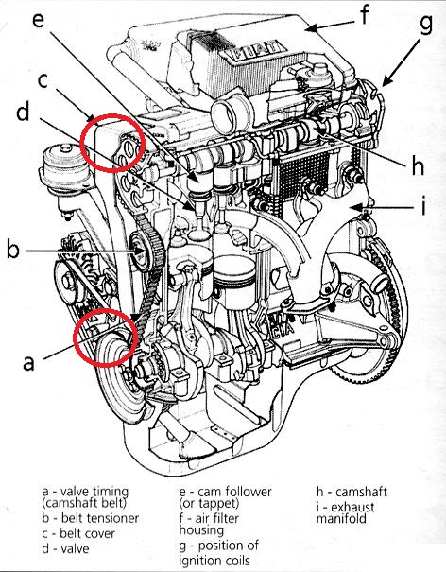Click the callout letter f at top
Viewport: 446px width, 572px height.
[365, 14]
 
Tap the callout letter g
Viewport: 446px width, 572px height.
[425, 25]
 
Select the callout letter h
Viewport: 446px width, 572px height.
[418, 165]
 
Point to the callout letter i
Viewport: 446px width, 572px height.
[423, 205]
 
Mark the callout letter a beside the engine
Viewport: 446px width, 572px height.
[28, 363]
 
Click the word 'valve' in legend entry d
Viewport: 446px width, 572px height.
[75, 548]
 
